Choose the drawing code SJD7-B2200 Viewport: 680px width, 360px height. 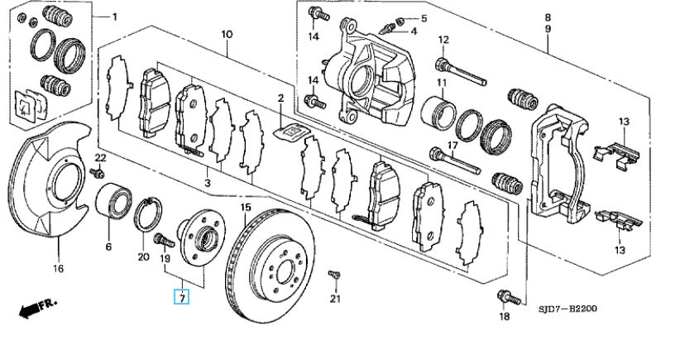click(x=566, y=310)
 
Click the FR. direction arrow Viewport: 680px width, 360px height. click(x=36, y=308)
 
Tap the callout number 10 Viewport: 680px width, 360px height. click(x=227, y=34)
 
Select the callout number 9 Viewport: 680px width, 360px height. click(x=548, y=29)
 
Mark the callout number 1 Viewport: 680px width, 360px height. click(x=115, y=16)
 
